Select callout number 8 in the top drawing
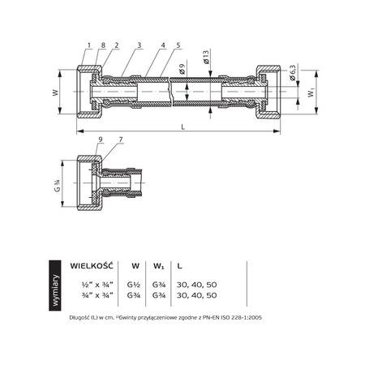click(102, 45)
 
